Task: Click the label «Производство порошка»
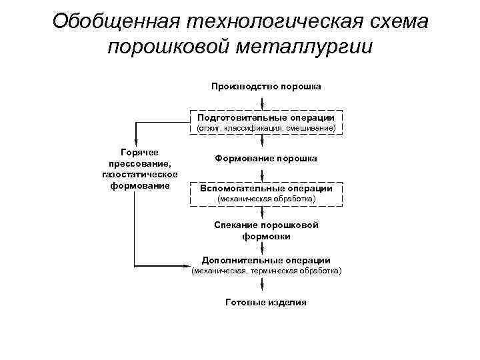click(x=266, y=87)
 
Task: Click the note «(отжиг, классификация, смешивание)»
click(x=266, y=127)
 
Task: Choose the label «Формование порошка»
click(x=266, y=159)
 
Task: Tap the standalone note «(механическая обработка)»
click(x=266, y=199)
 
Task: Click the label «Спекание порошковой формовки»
click(x=266, y=230)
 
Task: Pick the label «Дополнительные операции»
click(x=266, y=260)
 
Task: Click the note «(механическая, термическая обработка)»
click(x=266, y=271)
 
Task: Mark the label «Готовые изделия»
click(x=266, y=302)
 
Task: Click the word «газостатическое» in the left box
click(x=139, y=174)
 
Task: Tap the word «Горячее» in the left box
click(x=139, y=153)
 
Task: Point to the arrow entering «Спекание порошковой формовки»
click(x=266, y=213)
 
